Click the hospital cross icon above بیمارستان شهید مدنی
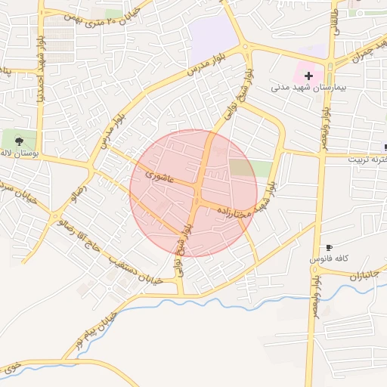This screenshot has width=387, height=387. (x=309, y=76)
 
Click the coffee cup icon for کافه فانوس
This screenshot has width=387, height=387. (x=329, y=248)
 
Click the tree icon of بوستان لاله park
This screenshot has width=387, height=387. (x=19, y=141)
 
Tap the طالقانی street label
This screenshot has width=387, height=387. (x=333, y=21)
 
